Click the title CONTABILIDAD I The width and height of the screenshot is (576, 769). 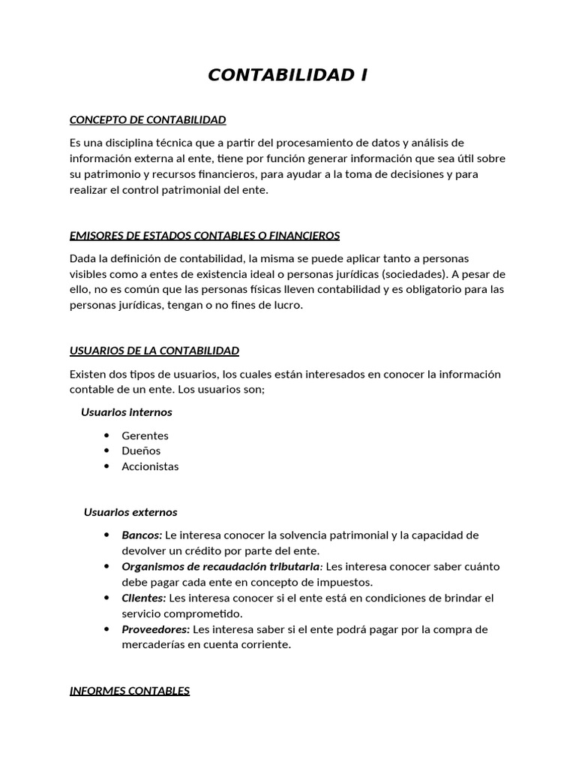point(287,75)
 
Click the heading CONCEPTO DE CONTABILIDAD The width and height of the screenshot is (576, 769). point(148,120)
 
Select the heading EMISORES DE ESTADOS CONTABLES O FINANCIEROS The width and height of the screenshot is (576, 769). point(204,236)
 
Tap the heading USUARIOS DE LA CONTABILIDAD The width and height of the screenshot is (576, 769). point(154,351)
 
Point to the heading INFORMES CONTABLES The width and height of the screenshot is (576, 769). point(130,691)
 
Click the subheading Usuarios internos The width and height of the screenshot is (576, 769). point(126,412)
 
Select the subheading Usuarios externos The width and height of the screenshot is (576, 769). point(130,512)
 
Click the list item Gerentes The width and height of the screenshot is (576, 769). point(145,436)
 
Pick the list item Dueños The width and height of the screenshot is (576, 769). point(141,451)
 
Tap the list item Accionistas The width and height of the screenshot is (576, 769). point(150,466)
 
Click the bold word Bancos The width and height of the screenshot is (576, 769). point(142,535)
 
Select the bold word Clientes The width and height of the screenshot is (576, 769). point(143,598)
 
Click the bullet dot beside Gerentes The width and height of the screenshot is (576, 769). point(106,436)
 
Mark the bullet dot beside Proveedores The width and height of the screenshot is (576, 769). point(106,629)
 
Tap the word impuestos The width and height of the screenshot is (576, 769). point(346,582)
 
